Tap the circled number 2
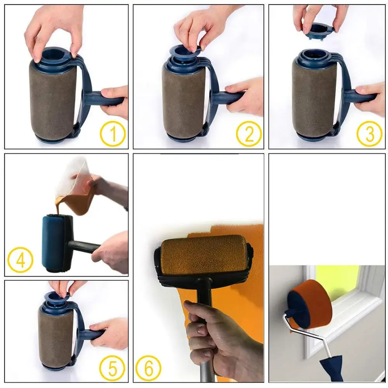click(249, 133)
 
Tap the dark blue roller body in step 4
click(54, 242)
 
